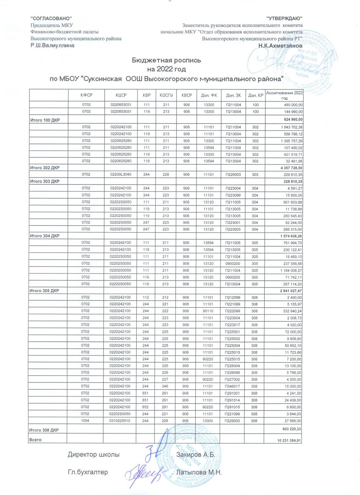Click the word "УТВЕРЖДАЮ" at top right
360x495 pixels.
(x=284, y=19)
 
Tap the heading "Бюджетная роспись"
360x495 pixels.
(x=166, y=60)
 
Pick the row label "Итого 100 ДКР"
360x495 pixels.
(x=44, y=120)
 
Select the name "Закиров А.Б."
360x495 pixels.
(x=195, y=455)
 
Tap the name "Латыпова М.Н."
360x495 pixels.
(x=199, y=472)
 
